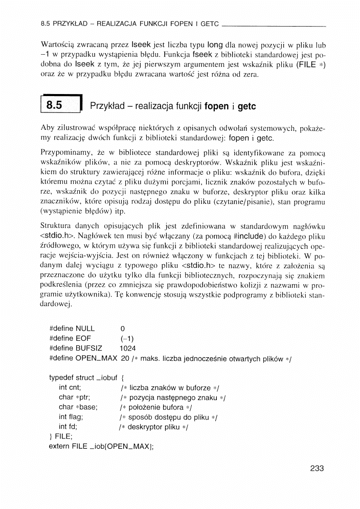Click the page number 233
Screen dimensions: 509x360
(317, 468)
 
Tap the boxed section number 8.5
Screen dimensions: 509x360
(54, 106)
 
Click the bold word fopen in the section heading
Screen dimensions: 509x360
(216, 107)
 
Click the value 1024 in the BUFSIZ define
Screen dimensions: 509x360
(128, 348)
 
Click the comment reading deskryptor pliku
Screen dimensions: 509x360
(153, 427)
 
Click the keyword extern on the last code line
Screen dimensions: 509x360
(60, 446)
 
